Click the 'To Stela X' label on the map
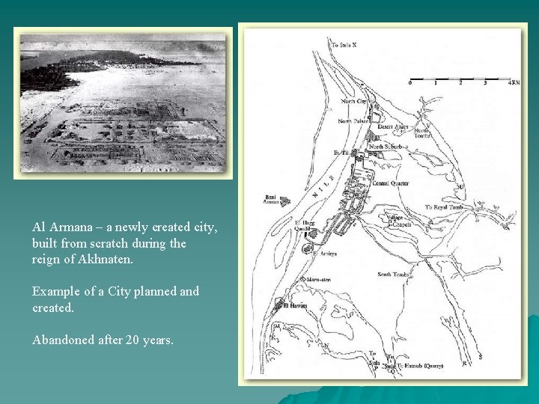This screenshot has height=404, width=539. pyautogui.click(x=344, y=45)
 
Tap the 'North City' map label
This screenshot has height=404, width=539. pyautogui.click(x=354, y=101)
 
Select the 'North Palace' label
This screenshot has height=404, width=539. pyautogui.click(x=354, y=121)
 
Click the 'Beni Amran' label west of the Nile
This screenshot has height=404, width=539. pyautogui.click(x=271, y=200)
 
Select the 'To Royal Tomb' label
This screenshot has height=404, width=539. pyautogui.click(x=445, y=207)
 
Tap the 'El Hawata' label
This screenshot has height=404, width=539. pyautogui.click(x=296, y=304)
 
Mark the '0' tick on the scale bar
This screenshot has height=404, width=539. pyautogui.click(x=409, y=82)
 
